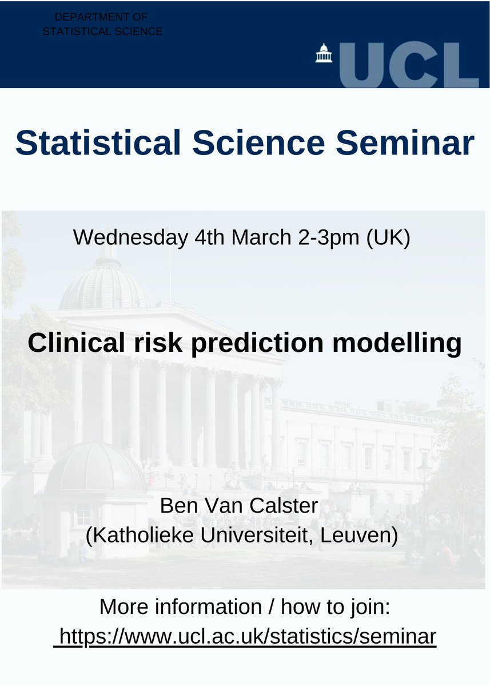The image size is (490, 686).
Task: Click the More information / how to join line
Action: tap(245, 606)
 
